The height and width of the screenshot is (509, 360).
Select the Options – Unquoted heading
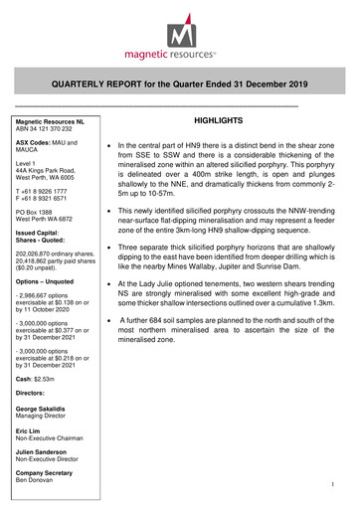pos(51,282)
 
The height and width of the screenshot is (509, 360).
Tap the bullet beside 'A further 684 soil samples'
pos(106,322)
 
